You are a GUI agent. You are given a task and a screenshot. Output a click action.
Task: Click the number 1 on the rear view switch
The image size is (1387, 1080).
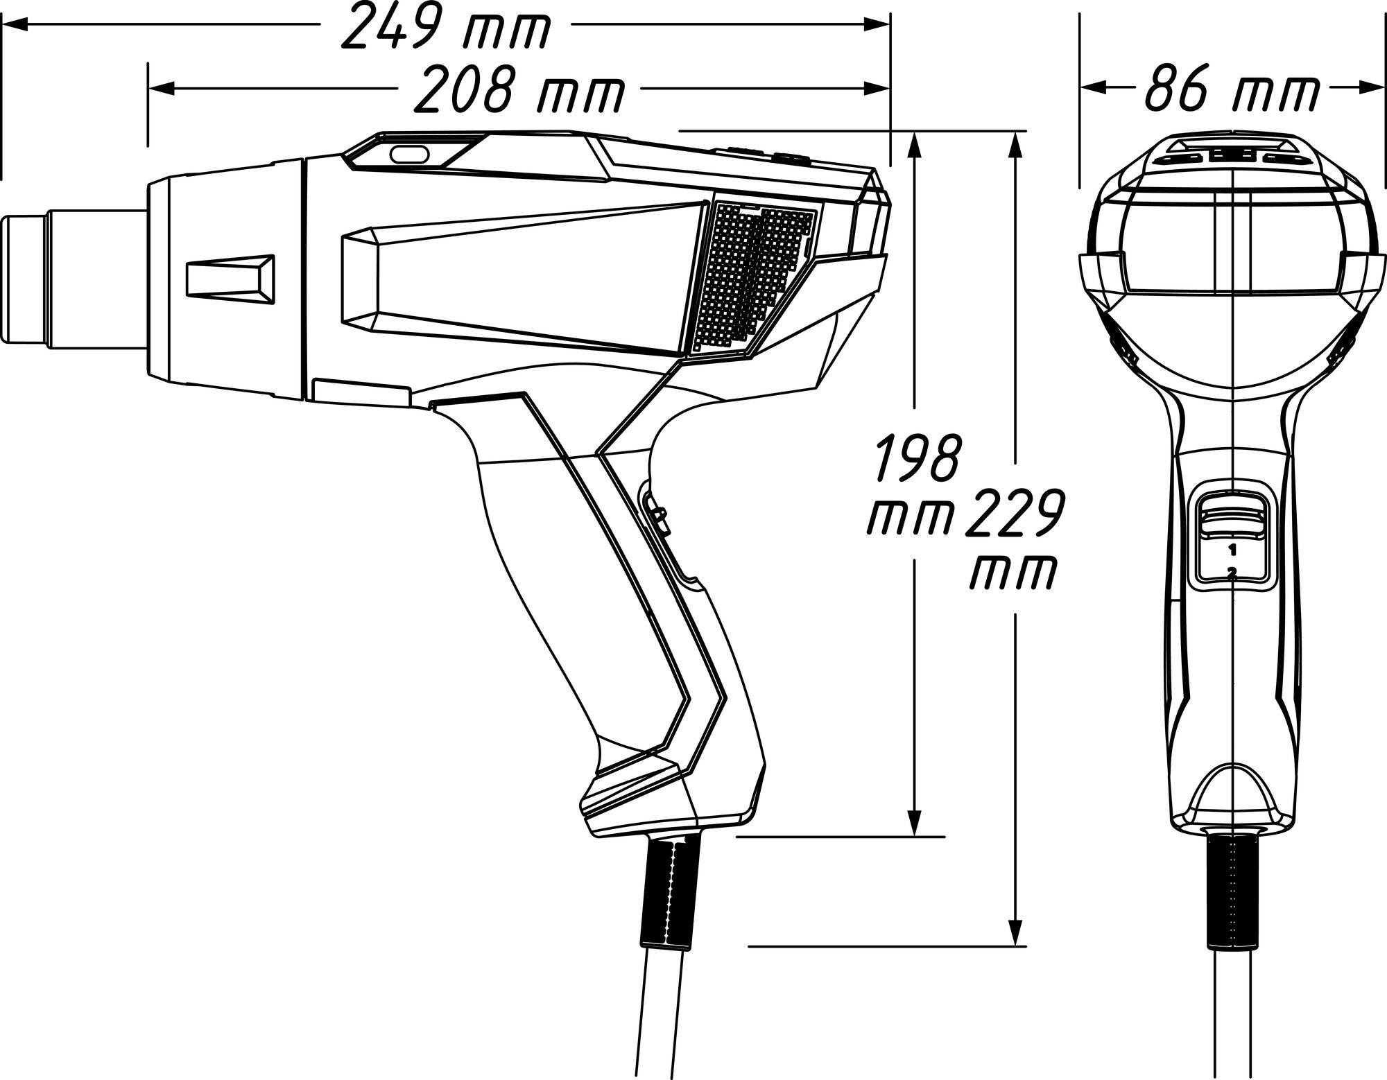pos(1232,550)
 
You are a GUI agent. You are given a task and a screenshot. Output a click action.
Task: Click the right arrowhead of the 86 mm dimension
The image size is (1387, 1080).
pos(1370,88)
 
